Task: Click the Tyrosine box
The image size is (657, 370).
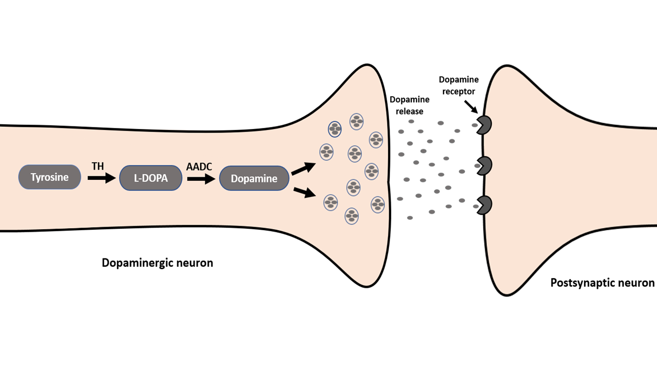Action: click(49, 177)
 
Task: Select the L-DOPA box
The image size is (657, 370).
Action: click(151, 178)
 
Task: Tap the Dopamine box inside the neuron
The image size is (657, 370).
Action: click(254, 178)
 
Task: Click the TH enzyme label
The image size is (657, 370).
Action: click(98, 166)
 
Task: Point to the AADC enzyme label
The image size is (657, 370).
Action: click(200, 166)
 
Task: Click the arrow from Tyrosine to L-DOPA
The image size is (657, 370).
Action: click(101, 178)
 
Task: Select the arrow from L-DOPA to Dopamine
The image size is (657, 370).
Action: click(201, 178)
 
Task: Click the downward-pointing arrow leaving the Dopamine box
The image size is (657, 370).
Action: click(303, 192)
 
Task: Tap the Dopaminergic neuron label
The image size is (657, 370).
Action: click(157, 263)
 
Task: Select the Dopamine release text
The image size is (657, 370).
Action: click(410, 105)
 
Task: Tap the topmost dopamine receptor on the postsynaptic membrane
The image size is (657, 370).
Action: click(485, 125)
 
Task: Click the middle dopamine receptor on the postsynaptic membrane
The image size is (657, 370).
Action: click(485, 165)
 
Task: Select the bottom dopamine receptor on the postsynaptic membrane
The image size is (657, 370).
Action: click(485, 205)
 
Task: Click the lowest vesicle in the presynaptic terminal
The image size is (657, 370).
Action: click(351, 216)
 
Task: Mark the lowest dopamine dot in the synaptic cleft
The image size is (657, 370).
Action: click(410, 218)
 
